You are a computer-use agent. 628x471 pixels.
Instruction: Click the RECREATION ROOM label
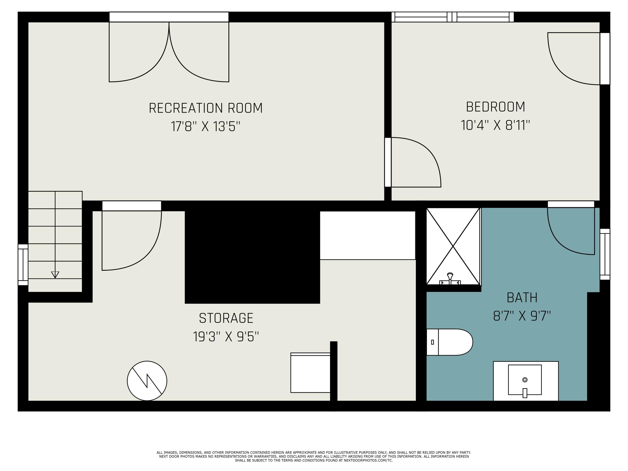tap(206, 108)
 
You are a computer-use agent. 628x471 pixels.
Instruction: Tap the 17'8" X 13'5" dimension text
tap(206, 126)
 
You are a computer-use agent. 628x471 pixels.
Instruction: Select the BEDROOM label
tap(495, 107)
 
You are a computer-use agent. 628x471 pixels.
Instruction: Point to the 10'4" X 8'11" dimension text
tap(495, 125)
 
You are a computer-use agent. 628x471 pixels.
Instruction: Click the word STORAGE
tap(226, 318)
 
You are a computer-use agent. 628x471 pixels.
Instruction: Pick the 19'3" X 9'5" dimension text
tap(226, 337)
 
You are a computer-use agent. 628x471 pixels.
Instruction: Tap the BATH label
tap(522, 297)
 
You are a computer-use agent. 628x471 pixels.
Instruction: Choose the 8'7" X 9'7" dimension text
tap(522, 316)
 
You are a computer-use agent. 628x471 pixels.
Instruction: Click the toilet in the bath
tap(449, 342)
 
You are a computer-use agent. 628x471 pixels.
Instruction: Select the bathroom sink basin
tap(525, 380)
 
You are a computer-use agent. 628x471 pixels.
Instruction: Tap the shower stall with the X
tap(453, 246)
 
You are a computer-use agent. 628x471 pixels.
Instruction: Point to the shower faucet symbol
tap(450, 279)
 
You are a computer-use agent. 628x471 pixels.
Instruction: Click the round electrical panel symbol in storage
tap(147, 381)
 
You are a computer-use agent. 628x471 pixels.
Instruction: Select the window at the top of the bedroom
tap(453, 17)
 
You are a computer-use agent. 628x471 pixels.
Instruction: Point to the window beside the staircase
tap(23, 265)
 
